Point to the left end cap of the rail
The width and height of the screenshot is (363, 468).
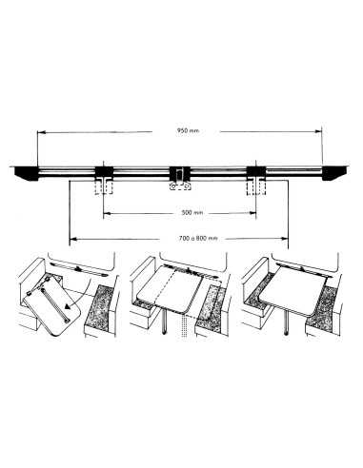tap(26, 171)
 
